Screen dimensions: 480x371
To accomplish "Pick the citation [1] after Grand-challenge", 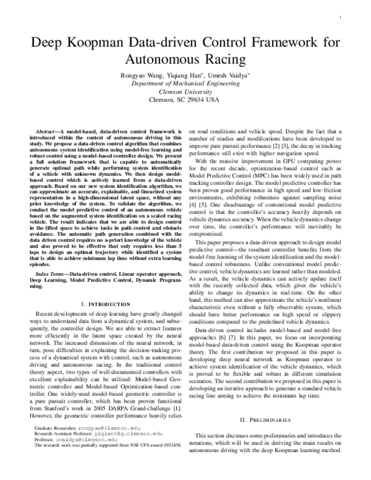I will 177,426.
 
